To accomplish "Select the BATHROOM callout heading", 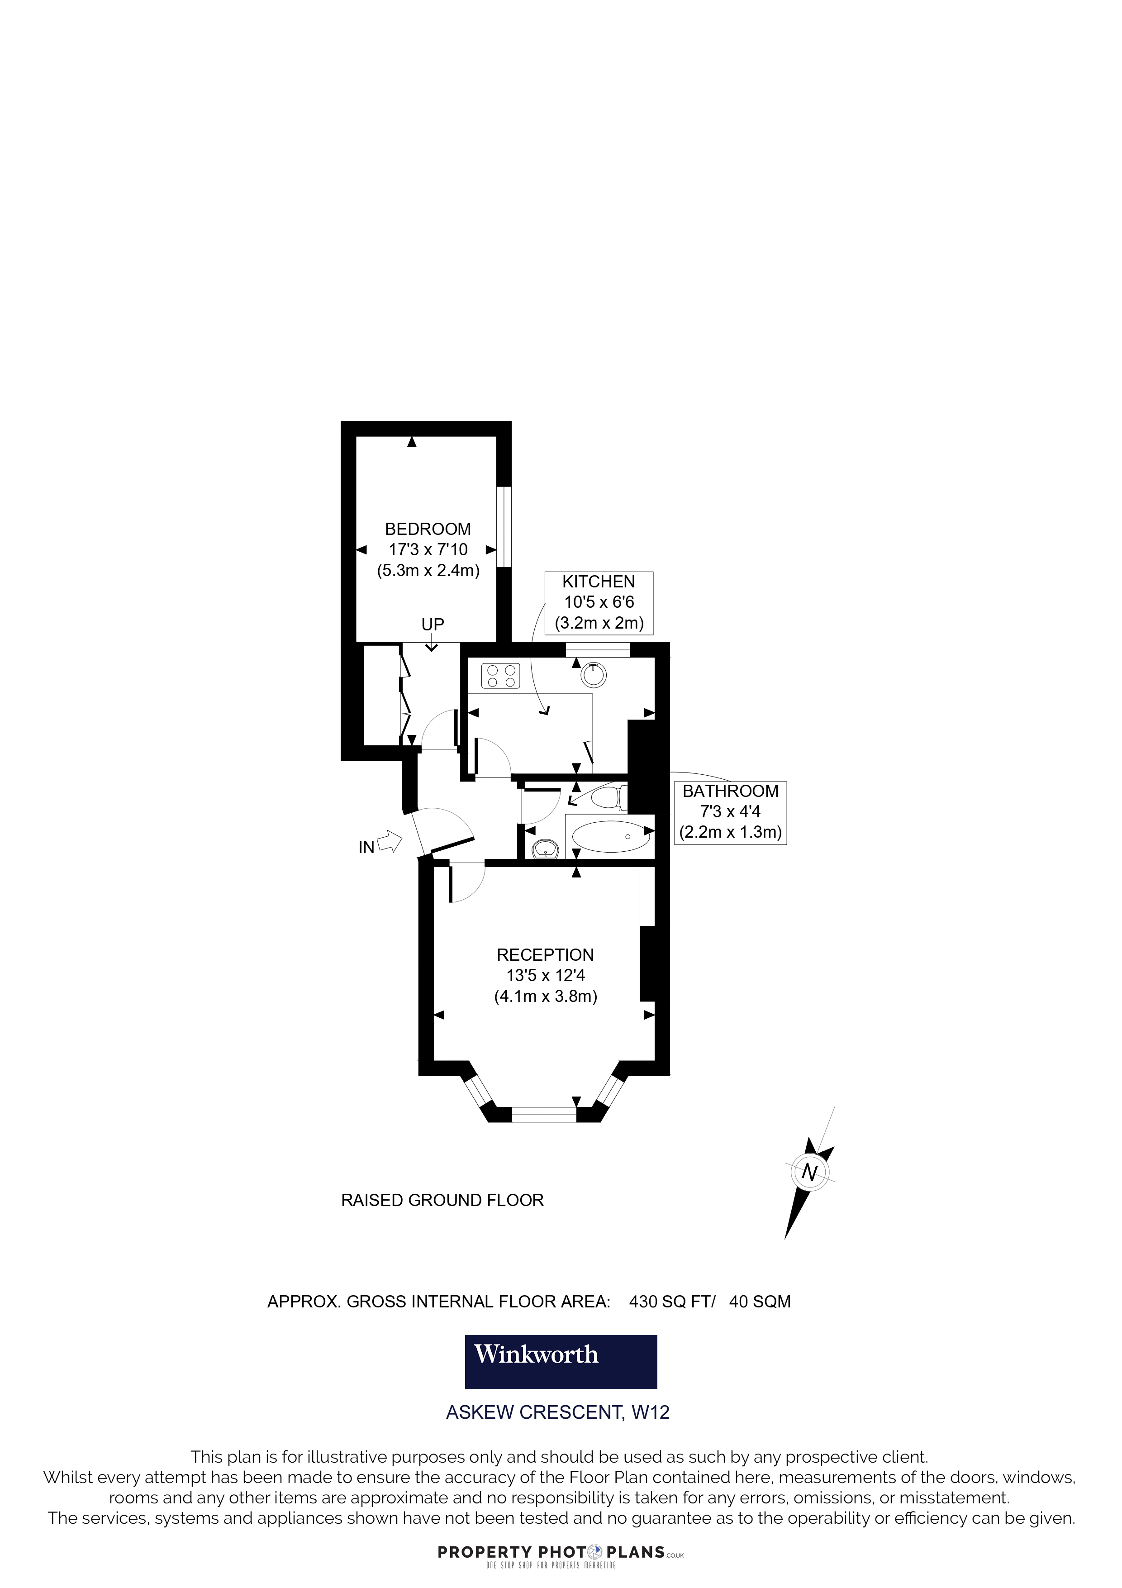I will pyautogui.click(x=730, y=791).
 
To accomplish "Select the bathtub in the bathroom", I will pyautogui.click(x=610, y=836).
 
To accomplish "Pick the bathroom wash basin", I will pyautogui.click(x=546, y=848).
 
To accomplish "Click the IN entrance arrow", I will pyautogui.click(x=390, y=842).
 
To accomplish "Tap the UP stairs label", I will pyautogui.click(x=433, y=625).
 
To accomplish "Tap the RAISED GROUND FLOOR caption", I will pyautogui.click(x=442, y=1200).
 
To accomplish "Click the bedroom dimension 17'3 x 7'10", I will pyautogui.click(x=428, y=550).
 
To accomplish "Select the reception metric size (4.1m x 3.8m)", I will pyautogui.click(x=546, y=997).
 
